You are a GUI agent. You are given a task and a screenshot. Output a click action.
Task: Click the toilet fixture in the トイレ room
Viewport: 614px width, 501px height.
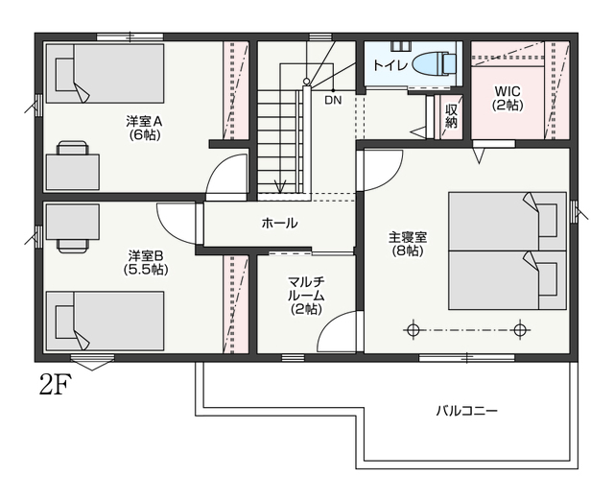[435, 63]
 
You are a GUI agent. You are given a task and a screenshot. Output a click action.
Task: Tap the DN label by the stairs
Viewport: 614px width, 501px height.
[333, 100]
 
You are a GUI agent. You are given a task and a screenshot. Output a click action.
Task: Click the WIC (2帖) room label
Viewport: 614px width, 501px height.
[508, 98]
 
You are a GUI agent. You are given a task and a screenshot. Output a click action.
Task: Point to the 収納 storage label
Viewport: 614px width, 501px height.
[451, 116]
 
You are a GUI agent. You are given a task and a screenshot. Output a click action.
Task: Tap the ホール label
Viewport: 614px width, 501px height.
[279, 224]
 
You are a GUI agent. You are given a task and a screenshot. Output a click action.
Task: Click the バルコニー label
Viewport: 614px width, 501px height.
[467, 411]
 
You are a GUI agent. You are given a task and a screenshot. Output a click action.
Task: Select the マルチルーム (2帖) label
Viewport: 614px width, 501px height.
[306, 296]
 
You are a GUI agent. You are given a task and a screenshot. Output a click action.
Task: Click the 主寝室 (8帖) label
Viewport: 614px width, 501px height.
[408, 244]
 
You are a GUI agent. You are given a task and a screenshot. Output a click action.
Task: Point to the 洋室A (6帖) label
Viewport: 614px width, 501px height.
[145, 128]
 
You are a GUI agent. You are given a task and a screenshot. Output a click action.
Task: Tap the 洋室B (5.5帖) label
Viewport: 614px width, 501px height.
[146, 262]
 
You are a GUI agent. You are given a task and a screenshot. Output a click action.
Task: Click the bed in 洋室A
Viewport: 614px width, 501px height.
[105, 73]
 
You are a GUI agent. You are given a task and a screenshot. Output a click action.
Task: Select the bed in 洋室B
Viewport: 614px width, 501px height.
[105, 321]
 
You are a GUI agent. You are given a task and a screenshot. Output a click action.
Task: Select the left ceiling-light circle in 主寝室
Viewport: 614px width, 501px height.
[412, 330]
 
